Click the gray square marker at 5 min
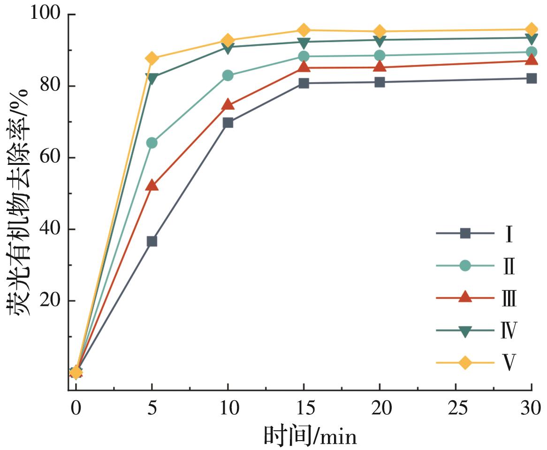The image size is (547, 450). [152, 241]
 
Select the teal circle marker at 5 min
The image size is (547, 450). [152, 142]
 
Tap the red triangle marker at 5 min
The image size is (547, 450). [152, 185]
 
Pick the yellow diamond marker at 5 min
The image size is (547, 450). [152, 58]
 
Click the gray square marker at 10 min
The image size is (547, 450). [228, 123]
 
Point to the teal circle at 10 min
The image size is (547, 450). [228, 75]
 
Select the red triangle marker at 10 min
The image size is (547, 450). [228, 104]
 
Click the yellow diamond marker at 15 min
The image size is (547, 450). [304, 31]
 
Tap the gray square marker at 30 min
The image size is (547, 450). [532, 78]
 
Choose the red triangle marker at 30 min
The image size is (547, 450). [532, 60]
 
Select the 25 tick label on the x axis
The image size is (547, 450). [456, 407]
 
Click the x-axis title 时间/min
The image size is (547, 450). [310, 435]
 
